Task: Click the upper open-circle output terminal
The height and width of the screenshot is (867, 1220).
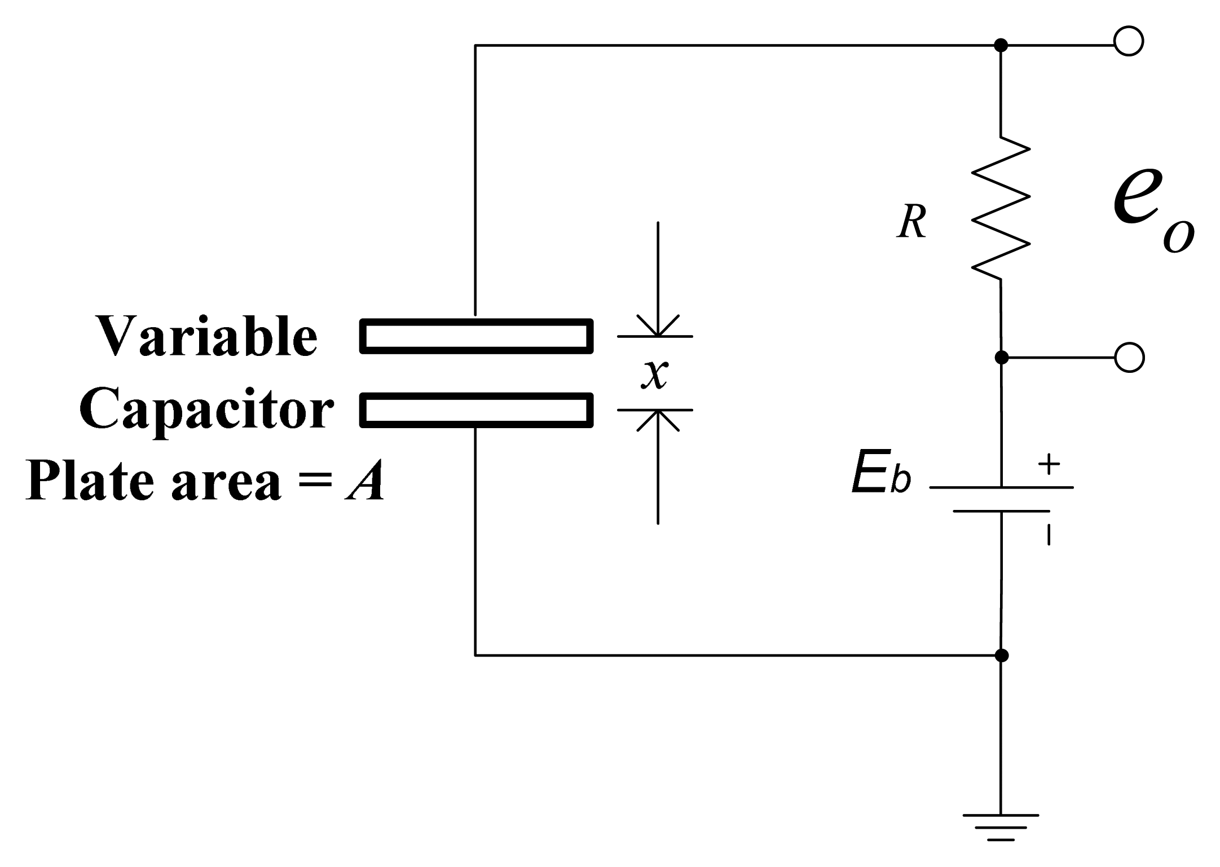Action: point(1129,41)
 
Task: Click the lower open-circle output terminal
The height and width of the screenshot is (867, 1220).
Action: point(1129,358)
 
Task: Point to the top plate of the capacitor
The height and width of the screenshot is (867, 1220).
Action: point(477,336)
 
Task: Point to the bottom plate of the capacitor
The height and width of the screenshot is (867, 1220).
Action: point(477,410)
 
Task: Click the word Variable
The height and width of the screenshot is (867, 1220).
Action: point(208,337)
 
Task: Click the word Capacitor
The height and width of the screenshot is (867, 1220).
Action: point(206,410)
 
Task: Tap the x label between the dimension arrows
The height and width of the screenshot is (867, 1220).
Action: point(655,373)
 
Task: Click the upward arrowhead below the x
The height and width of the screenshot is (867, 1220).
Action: point(658,419)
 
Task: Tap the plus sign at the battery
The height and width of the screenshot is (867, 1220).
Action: point(1049,465)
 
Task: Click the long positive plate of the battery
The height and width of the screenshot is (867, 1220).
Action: point(1001,487)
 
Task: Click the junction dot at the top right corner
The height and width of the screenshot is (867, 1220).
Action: point(1001,45)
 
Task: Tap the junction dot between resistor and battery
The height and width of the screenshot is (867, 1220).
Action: point(1001,358)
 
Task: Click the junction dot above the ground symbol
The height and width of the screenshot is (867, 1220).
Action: point(1001,655)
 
